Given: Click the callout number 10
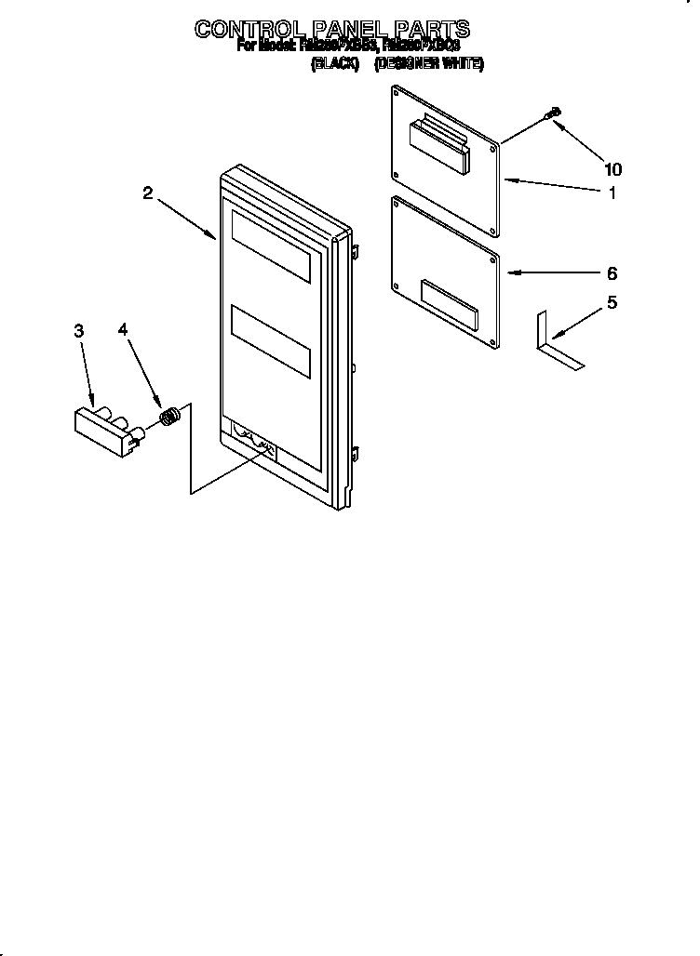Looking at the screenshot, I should pos(612,169).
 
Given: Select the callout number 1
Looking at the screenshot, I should pos(612,193).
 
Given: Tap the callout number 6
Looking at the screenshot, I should pos(612,273).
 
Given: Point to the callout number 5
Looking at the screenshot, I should pos(612,302).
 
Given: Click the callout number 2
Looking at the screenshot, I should pos(148,193).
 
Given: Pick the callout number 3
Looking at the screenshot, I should pos(79,330).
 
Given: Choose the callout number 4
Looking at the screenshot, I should pos(123,330).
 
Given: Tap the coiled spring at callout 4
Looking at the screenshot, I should pos(169,417).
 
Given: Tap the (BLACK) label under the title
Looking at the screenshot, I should pos(334,64).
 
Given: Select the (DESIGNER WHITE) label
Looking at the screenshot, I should pos(429,64).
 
